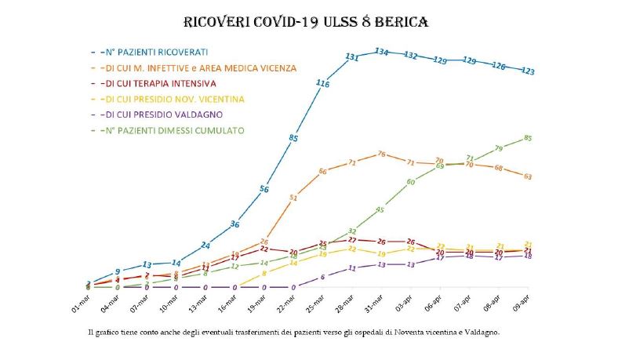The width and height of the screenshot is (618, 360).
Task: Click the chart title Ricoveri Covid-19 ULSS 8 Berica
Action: (x=306, y=21)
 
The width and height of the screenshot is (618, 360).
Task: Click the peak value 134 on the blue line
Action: (x=381, y=52)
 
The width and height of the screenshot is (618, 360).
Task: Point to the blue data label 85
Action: (x=293, y=138)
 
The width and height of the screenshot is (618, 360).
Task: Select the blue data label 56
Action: (x=264, y=189)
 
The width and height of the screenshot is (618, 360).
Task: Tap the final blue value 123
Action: (x=528, y=71)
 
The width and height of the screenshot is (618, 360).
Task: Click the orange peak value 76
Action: (x=381, y=154)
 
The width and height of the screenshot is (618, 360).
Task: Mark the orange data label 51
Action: (x=293, y=198)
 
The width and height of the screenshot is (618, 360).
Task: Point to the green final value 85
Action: (x=528, y=138)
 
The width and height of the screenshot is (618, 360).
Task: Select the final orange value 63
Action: (x=528, y=176)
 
